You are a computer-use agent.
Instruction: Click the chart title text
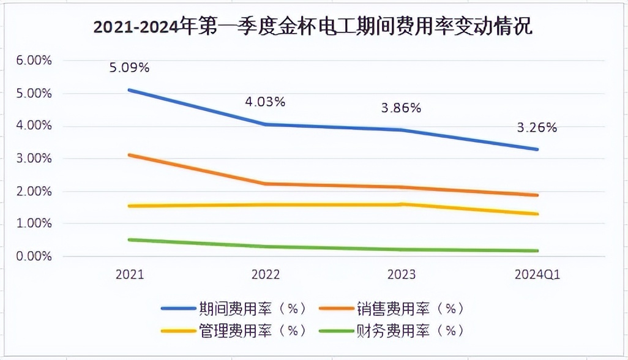pyautogui.click(x=313, y=28)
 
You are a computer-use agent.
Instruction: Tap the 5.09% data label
pyautogui.click(x=129, y=67)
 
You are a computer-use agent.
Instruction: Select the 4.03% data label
pyautogui.click(x=265, y=102)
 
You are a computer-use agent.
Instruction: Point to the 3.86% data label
pyautogui.click(x=401, y=108)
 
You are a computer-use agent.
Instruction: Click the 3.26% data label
pyautogui.click(x=537, y=127)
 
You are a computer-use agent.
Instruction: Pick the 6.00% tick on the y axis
pyautogui.click(x=30, y=61)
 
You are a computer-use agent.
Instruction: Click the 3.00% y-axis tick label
pyautogui.click(x=30, y=159)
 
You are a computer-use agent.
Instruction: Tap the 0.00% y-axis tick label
pyautogui.click(x=30, y=257)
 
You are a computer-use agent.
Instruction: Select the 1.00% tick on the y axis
pyautogui.click(x=30, y=224)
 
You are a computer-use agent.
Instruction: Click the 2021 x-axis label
pyautogui.click(x=129, y=275)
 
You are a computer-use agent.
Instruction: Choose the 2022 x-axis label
pyautogui.click(x=265, y=275)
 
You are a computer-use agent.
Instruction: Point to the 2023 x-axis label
pyautogui.click(x=401, y=275)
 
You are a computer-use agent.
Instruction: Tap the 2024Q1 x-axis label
pyautogui.click(x=537, y=275)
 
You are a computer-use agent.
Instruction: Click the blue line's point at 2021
pyautogui.click(x=129, y=90)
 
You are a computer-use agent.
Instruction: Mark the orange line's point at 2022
pyautogui.click(x=265, y=184)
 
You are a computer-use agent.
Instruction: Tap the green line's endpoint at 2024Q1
pyautogui.click(x=537, y=250)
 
